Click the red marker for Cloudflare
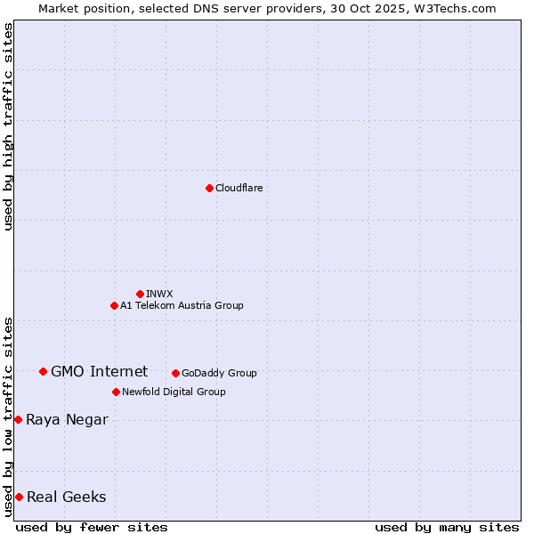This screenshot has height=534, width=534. click(209, 188)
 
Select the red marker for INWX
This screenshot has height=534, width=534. click(140, 294)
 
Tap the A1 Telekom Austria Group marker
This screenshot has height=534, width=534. click(114, 305)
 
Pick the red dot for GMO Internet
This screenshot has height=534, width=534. click(43, 371)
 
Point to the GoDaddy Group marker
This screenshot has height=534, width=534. click(175, 373)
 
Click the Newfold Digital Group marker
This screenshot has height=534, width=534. click(116, 392)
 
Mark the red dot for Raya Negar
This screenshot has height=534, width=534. click(18, 419)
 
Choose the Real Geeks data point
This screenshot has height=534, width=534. click(19, 497)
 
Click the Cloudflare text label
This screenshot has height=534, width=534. click(239, 188)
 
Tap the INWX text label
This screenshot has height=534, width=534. click(159, 294)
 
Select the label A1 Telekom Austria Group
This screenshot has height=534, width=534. click(182, 305)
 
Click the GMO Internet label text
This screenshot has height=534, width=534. click(99, 371)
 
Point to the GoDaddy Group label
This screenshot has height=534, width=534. click(219, 373)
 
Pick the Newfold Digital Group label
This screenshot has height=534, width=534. click(174, 392)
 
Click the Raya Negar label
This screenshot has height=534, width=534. click(67, 419)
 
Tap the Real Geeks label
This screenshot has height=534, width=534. click(66, 497)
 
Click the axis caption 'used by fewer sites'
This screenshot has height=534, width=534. click(92, 527)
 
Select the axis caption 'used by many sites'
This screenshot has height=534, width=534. click(447, 527)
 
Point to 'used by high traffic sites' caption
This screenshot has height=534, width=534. click(8, 126)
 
